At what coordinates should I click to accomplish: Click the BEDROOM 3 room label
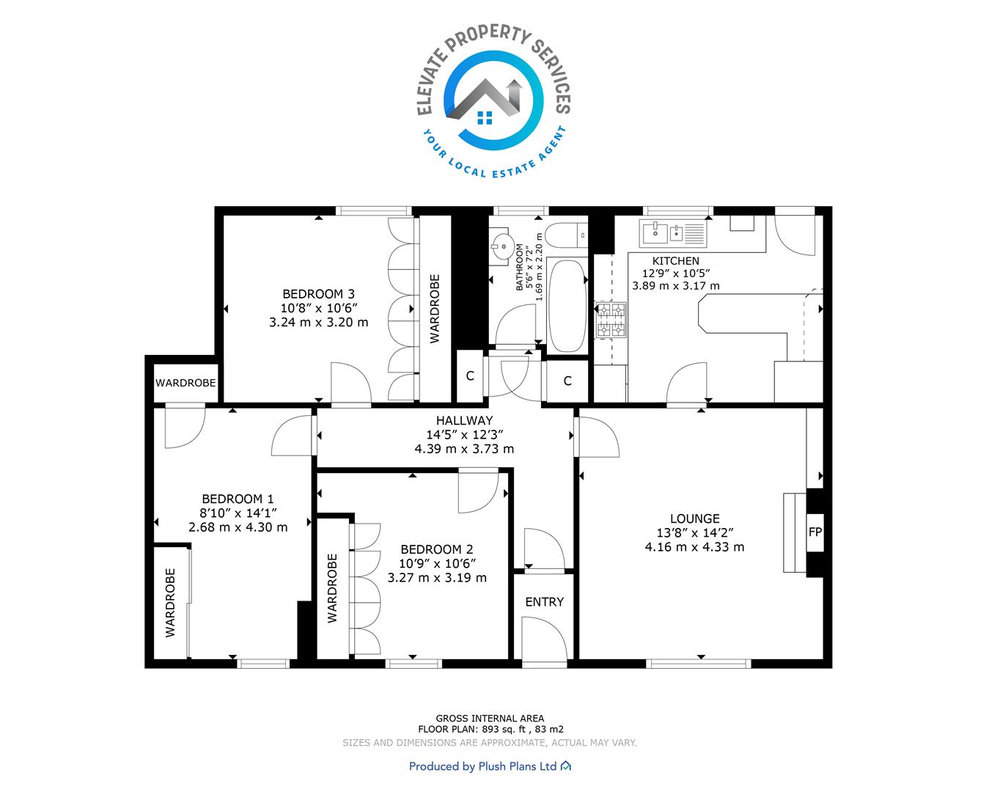(x=318, y=294)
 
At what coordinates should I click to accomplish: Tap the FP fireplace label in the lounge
(x=815, y=532)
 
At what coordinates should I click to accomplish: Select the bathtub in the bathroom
(x=567, y=307)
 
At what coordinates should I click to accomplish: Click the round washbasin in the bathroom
(x=503, y=246)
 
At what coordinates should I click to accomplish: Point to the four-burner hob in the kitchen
(x=611, y=320)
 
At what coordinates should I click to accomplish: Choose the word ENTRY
(x=544, y=602)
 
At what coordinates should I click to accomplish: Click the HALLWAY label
(x=464, y=421)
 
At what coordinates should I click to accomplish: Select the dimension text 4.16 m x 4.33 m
(x=694, y=547)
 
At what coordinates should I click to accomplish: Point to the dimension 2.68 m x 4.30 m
(x=238, y=527)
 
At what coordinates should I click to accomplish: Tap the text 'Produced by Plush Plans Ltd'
(x=482, y=766)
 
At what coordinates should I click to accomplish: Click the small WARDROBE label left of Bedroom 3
(x=185, y=383)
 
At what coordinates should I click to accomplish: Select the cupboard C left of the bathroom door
(x=470, y=376)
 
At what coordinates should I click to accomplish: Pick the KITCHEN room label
(x=675, y=261)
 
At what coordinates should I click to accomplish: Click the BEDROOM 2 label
(x=437, y=550)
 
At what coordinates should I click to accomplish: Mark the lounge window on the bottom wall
(x=699, y=663)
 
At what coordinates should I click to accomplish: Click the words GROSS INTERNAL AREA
(x=490, y=719)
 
